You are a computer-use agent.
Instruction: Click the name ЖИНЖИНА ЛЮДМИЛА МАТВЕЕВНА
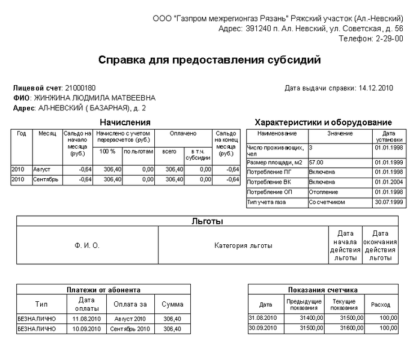pos(95,98)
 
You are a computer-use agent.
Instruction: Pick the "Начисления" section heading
pos(125,122)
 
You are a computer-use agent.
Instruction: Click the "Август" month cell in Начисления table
pos(43,170)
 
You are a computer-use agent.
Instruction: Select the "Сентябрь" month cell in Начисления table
pos(46,179)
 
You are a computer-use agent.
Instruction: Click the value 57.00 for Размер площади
pos(316,162)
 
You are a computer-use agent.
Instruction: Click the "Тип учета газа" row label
pos(267,202)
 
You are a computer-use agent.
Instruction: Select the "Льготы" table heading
pos(207,221)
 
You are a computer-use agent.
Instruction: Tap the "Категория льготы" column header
pos(243,245)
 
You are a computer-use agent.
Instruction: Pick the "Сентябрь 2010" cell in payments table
pos(130,329)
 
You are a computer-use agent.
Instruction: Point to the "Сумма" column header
pos(173,304)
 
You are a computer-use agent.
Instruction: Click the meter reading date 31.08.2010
pos(263,317)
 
